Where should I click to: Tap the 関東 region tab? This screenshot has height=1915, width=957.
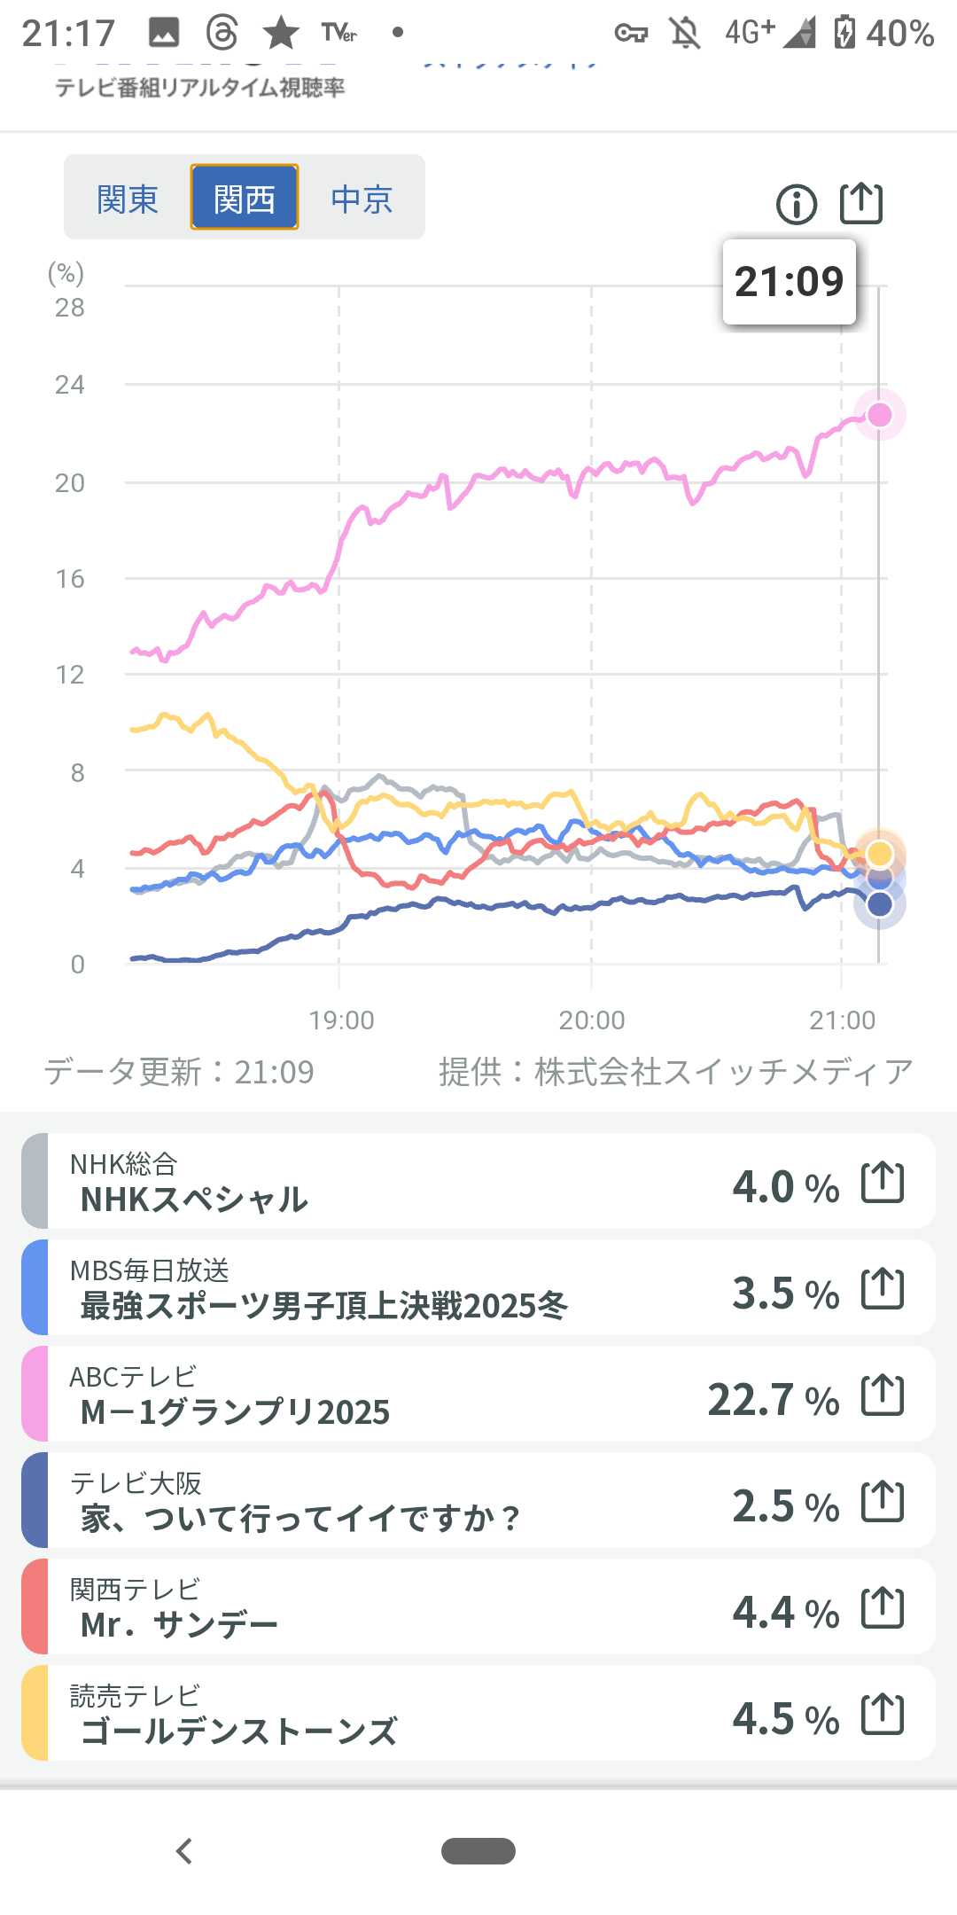point(128,199)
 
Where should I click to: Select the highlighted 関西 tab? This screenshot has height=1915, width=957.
point(245,199)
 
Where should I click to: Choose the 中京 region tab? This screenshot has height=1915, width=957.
point(362,199)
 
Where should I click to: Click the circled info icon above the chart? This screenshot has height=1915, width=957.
point(796,205)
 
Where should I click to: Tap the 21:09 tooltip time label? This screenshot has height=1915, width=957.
point(789,282)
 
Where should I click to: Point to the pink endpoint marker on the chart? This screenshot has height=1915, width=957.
point(879,415)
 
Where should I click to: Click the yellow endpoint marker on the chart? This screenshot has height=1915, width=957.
point(879,853)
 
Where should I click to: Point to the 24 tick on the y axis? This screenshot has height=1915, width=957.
point(70,385)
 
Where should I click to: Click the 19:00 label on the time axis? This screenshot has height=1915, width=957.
point(341,1020)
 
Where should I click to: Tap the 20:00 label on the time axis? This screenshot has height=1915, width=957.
point(592,1020)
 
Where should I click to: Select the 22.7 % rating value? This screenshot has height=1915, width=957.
point(773,1400)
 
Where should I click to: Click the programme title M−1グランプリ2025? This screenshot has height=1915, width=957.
point(235,1412)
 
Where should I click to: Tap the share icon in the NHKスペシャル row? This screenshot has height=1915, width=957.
point(883,1183)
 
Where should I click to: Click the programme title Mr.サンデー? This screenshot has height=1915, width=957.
point(179,1625)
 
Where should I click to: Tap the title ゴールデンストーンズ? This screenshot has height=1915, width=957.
point(238,1731)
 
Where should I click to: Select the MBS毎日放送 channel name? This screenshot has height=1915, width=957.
point(149,1270)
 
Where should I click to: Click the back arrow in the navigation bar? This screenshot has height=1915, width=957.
point(184,1851)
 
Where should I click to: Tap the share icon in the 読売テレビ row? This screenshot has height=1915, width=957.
point(883,1715)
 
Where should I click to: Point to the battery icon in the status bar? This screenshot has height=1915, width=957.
point(844,33)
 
